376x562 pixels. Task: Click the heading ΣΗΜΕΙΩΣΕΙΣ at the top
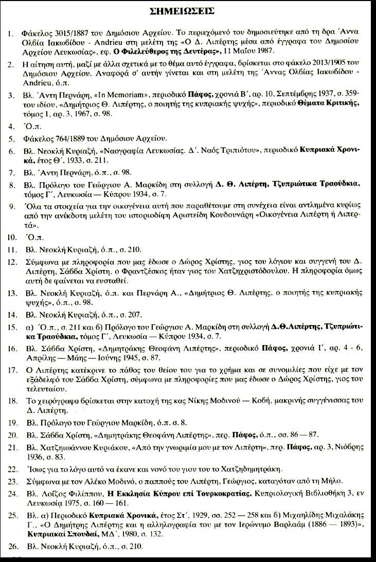[x=189, y=11]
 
